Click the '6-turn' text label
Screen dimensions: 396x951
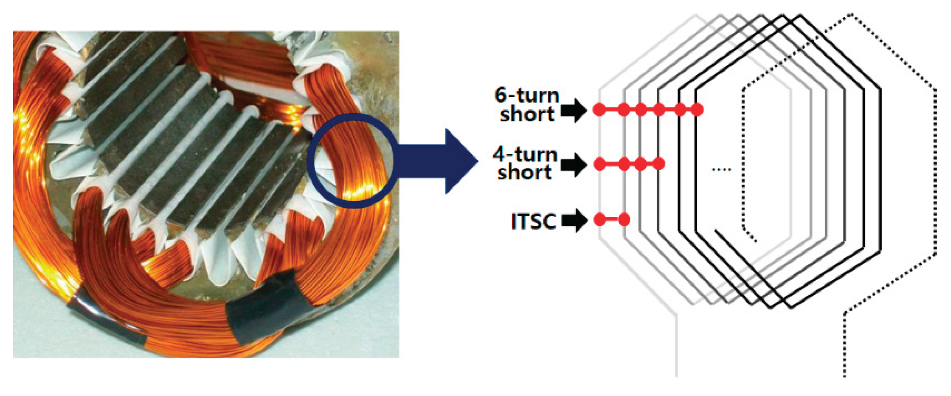(x=527, y=95)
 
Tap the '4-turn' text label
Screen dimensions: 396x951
(x=525, y=155)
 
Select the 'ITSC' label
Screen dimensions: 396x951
(x=533, y=221)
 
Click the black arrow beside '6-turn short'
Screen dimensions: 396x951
(x=574, y=110)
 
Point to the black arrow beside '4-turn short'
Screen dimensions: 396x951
(x=574, y=165)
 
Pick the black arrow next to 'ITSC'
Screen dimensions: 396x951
(x=574, y=221)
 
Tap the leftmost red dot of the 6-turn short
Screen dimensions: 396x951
(x=599, y=110)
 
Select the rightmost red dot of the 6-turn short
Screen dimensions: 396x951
(x=697, y=110)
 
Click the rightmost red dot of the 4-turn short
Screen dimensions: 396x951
(x=658, y=164)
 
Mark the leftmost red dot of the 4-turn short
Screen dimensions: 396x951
(x=599, y=164)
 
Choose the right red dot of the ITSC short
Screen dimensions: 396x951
(x=624, y=220)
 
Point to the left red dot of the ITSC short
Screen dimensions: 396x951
(x=599, y=220)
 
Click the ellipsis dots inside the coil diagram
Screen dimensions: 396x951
(x=722, y=169)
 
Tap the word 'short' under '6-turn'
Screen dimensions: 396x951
(x=527, y=114)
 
